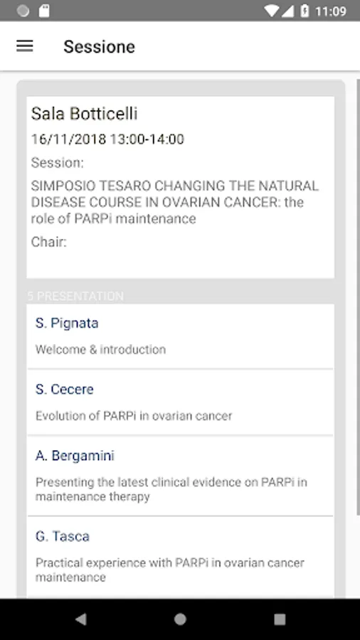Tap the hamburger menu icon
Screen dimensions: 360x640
[24, 46]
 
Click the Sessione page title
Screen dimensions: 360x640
[99, 46]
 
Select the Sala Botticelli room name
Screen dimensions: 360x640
[84, 114]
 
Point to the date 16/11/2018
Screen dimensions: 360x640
[68, 139]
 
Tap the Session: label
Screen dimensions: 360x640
[57, 163]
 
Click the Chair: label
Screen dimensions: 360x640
[48, 242]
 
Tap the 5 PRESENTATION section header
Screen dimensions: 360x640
[75, 296]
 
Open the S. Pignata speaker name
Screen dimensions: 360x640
[67, 324]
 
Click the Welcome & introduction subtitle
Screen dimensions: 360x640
[100, 349]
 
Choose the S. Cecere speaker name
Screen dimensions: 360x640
[65, 390]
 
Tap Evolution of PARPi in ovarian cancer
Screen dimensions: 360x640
[134, 416]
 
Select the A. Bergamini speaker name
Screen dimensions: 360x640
[75, 456]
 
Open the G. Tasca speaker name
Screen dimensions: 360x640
[63, 536]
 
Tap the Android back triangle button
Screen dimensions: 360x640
[81, 619]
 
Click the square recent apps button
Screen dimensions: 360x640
[280, 619]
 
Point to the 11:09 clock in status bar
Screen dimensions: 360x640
[331, 11]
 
